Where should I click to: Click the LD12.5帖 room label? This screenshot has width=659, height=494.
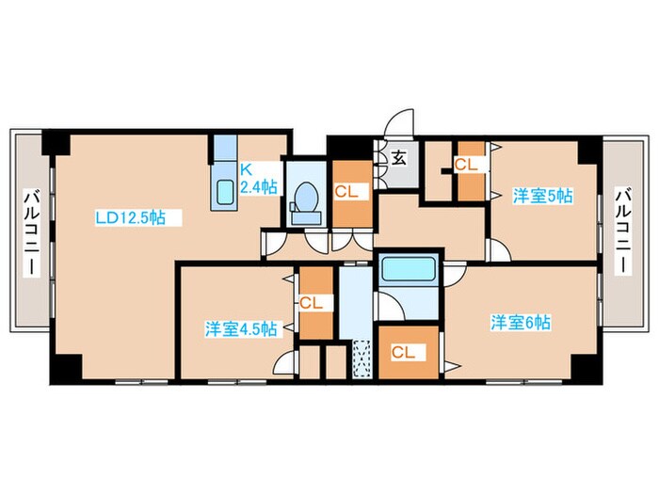131,217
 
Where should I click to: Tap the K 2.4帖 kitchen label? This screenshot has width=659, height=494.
257,178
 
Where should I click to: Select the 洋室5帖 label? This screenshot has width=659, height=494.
542,196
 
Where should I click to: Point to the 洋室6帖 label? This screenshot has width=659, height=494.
521,322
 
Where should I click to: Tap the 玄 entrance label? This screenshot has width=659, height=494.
398,158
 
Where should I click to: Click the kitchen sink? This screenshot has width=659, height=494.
226,191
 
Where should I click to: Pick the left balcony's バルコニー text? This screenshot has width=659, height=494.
31,231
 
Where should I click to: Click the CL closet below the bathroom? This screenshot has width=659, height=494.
404,352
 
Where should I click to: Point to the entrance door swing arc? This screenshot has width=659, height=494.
400,123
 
